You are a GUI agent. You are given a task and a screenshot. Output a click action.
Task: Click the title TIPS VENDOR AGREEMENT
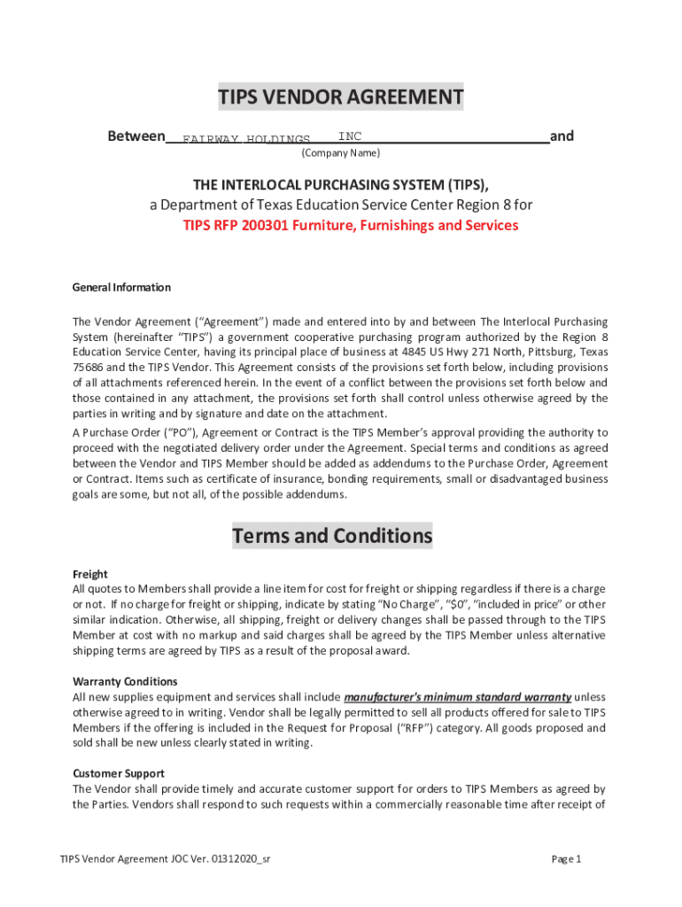[341, 97]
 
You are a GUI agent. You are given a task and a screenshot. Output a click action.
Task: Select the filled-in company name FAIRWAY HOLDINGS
[246, 140]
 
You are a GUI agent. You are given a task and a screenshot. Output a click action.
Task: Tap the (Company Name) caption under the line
[341, 153]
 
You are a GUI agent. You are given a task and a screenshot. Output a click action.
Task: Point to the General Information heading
[121, 287]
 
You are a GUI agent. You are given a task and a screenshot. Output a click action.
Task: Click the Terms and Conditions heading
[332, 536]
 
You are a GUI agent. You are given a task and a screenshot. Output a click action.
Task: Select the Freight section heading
[89, 574]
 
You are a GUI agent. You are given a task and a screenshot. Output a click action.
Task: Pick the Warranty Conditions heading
[125, 681]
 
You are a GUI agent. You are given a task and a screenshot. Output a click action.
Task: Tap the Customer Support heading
[118, 773]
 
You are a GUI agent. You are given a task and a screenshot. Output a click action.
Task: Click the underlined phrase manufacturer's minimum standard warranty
[457, 696]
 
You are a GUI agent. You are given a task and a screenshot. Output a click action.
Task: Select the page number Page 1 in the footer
[566, 859]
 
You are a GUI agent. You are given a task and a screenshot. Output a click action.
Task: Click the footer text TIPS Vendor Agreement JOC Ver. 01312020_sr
[165, 859]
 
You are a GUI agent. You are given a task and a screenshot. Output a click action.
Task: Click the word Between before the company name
[136, 136]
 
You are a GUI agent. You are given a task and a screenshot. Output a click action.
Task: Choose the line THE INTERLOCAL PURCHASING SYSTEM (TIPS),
[341, 184]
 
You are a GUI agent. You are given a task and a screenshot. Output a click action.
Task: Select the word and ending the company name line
[562, 136]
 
